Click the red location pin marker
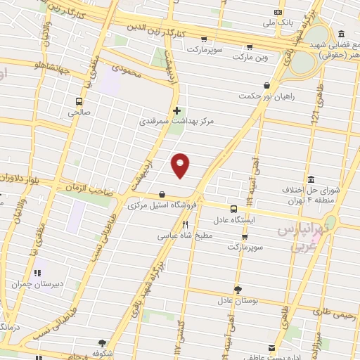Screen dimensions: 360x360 181,165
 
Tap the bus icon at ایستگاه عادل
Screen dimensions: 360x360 234,209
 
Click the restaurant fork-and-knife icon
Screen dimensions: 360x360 186,225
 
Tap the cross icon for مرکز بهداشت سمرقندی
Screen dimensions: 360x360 176,110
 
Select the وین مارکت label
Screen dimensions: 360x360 231,55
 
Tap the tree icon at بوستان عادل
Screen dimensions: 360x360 238,289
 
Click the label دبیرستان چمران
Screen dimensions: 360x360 37,284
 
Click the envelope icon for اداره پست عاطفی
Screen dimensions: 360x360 272,347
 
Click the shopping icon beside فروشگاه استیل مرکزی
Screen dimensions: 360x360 162,195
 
